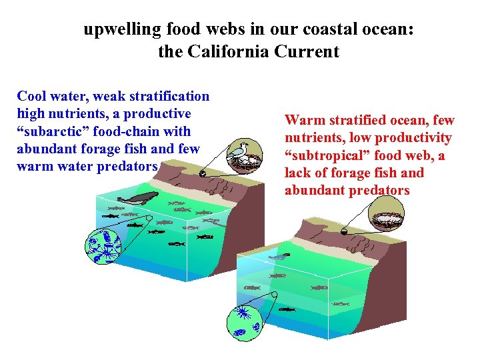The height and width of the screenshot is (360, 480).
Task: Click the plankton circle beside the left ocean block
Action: pos(103,244)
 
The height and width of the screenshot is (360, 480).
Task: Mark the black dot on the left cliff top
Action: pos(201,173)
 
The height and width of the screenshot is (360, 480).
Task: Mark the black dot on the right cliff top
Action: pos(343,231)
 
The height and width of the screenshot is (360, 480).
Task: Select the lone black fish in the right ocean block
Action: pos(287,309)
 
